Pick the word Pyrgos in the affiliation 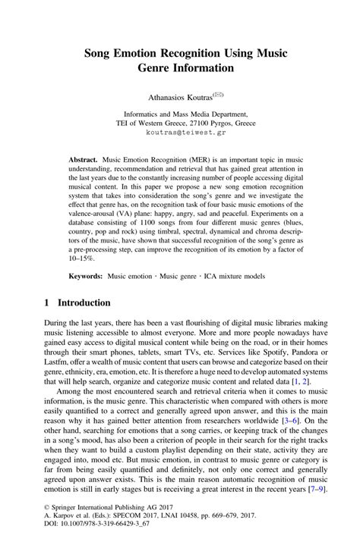tap(236, 119)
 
